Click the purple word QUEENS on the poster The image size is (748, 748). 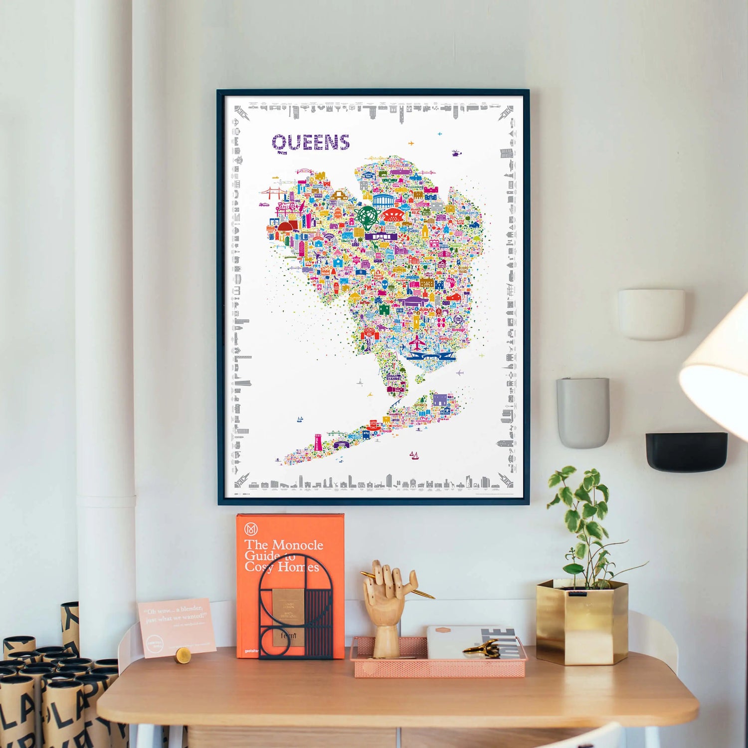coord(311,143)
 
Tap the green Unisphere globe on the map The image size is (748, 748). coord(368,217)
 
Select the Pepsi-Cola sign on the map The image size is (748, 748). coord(286,207)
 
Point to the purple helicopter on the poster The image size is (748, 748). coord(456,153)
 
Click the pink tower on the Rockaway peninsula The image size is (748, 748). coord(318,442)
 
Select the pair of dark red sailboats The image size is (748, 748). coord(414,455)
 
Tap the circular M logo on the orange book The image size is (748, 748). coord(251,529)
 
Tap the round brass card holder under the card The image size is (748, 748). coord(183,655)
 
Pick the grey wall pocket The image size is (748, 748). coord(583,412)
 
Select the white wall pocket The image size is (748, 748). coord(651,314)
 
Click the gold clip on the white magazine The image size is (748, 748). coord(483,649)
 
